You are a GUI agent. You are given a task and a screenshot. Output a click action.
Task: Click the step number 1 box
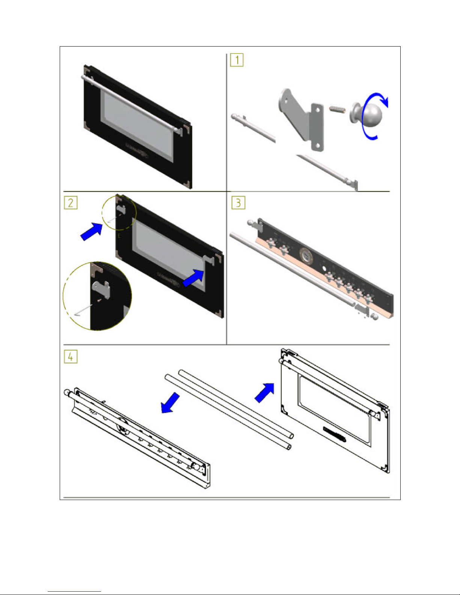point(237,60)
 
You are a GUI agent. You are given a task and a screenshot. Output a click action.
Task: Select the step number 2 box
point(71,203)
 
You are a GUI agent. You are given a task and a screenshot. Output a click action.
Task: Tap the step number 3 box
point(238,203)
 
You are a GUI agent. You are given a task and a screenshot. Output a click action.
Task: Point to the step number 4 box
point(71,356)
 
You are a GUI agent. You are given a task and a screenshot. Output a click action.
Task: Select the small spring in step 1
point(337,110)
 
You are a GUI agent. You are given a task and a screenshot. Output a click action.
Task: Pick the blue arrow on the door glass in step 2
point(193,278)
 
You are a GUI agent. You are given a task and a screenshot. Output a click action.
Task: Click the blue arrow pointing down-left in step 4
point(170,403)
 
